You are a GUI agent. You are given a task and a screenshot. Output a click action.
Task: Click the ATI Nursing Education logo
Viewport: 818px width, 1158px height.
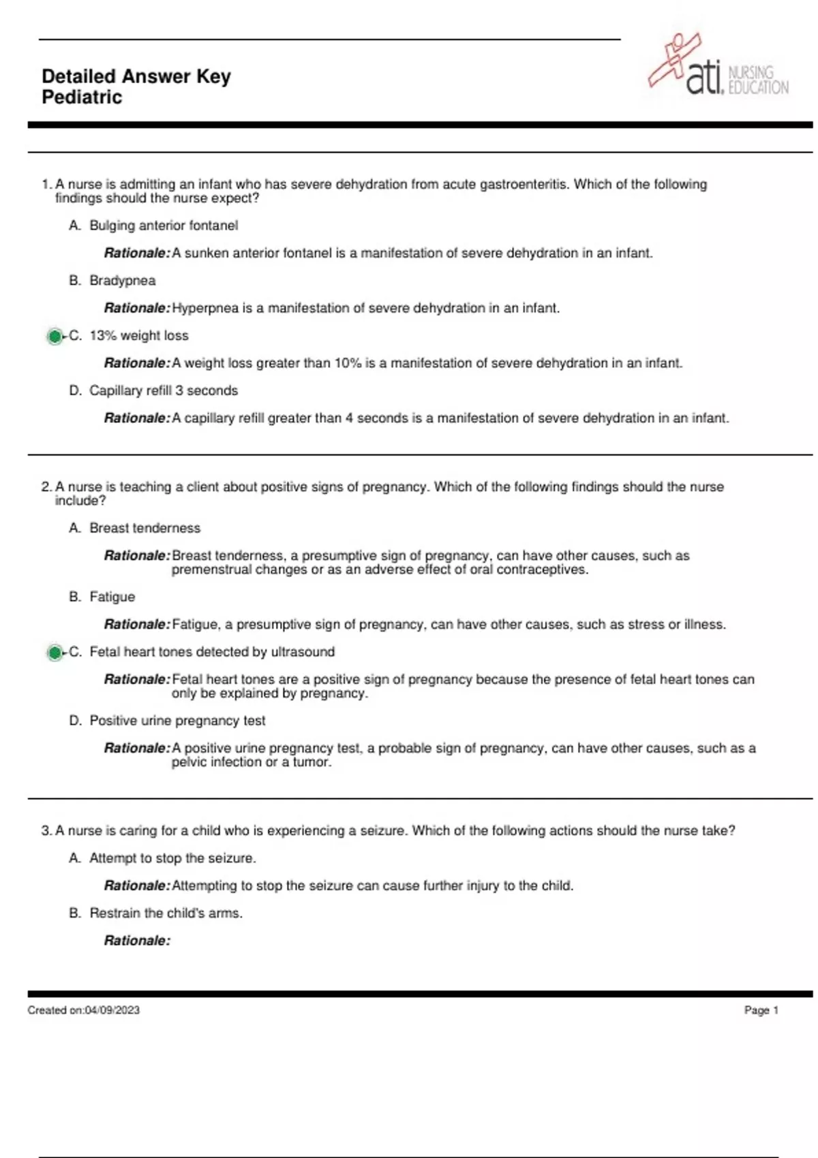717,67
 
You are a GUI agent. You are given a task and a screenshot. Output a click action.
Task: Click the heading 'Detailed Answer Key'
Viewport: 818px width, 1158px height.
136,76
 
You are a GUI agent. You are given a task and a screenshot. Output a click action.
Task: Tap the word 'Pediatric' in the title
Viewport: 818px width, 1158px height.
82,97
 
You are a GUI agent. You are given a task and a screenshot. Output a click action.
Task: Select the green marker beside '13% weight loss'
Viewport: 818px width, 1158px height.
55,337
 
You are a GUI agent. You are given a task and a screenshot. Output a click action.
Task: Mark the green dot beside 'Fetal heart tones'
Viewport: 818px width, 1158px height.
55,653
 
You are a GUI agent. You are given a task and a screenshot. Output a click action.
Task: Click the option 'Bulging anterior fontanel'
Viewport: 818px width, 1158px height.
164,225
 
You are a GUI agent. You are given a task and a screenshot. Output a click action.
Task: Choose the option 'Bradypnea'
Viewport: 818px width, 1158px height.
123,281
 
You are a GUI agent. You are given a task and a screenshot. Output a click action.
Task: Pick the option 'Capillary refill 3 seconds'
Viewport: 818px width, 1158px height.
164,390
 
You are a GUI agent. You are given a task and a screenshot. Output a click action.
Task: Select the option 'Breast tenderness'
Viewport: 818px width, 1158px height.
145,528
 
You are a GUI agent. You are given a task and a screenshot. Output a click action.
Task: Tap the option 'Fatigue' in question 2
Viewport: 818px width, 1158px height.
112,597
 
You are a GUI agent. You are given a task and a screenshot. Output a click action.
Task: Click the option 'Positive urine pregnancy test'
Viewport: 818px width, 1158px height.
177,721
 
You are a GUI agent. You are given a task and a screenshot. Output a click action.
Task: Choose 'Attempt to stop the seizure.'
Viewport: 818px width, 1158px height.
172,858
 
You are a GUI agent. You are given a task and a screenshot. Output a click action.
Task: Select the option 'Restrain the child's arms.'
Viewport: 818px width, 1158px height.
166,913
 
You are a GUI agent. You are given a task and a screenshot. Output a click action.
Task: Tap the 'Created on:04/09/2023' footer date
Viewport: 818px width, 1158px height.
84,1010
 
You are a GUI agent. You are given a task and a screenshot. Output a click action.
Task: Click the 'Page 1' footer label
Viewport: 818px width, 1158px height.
761,1010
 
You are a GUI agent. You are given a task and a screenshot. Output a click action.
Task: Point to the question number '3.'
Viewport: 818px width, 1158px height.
46,831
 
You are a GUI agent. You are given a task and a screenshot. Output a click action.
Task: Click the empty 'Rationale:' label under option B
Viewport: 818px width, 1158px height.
137,941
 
